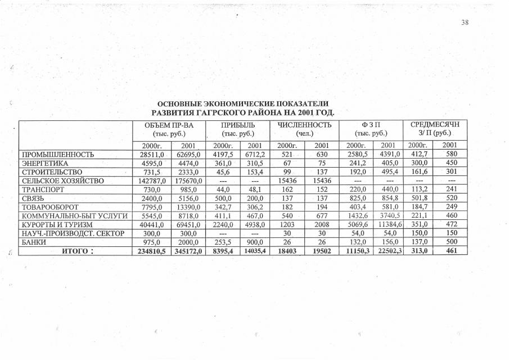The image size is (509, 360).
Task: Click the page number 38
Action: (x=464, y=23)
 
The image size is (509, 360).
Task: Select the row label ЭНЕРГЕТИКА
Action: (x=45, y=163)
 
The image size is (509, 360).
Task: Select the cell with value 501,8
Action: (x=418, y=198)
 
